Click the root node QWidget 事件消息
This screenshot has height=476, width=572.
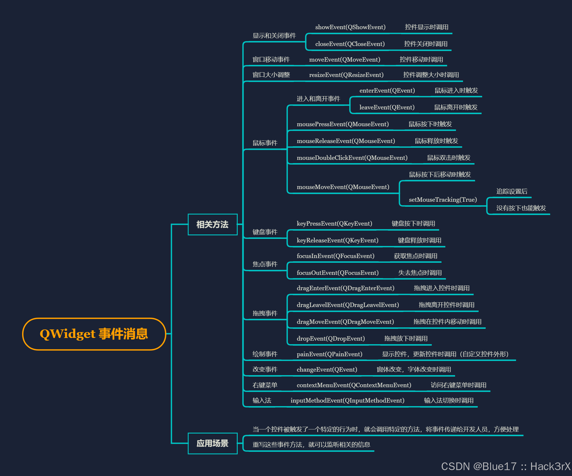click(x=94, y=334)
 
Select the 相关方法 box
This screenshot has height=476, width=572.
click(x=212, y=224)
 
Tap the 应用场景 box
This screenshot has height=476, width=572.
click(x=212, y=443)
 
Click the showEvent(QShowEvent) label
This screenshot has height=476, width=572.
click(x=350, y=27)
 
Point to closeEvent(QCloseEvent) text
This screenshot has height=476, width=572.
click(x=350, y=44)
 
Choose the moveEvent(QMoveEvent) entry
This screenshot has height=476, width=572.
click(x=345, y=60)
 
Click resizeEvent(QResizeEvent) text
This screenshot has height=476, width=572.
click(x=346, y=75)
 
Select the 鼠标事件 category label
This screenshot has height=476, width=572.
click(x=265, y=143)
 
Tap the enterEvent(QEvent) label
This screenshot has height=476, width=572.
click(x=387, y=91)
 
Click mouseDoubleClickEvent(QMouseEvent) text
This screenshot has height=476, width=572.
click(x=352, y=158)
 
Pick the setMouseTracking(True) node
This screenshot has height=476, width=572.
click(x=443, y=200)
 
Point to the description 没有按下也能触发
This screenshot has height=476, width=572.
click(x=521, y=208)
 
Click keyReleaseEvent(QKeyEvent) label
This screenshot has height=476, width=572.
click(x=338, y=240)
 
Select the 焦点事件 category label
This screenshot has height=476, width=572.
click(x=265, y=264)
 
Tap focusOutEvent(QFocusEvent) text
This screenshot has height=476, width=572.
click(x=338, y=273)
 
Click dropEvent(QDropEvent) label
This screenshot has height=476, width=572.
click(x=331, y=339)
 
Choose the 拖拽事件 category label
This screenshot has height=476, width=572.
click(x=265, y=313)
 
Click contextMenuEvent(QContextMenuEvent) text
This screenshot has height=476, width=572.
click(x=354, y=385)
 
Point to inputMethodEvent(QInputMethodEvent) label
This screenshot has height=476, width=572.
click(x=347, y=401)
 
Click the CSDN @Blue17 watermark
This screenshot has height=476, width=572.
click(x=505, y=466)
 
